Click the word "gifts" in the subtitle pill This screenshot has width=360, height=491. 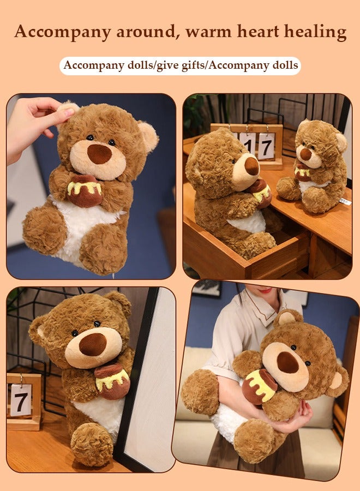tap(189, 66)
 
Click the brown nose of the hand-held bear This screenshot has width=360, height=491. tap(99, 154)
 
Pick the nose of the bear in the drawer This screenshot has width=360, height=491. tap(252, 166)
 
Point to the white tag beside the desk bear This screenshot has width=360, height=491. tap(344, 201)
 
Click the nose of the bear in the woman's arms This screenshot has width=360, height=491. tap(287, 362)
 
